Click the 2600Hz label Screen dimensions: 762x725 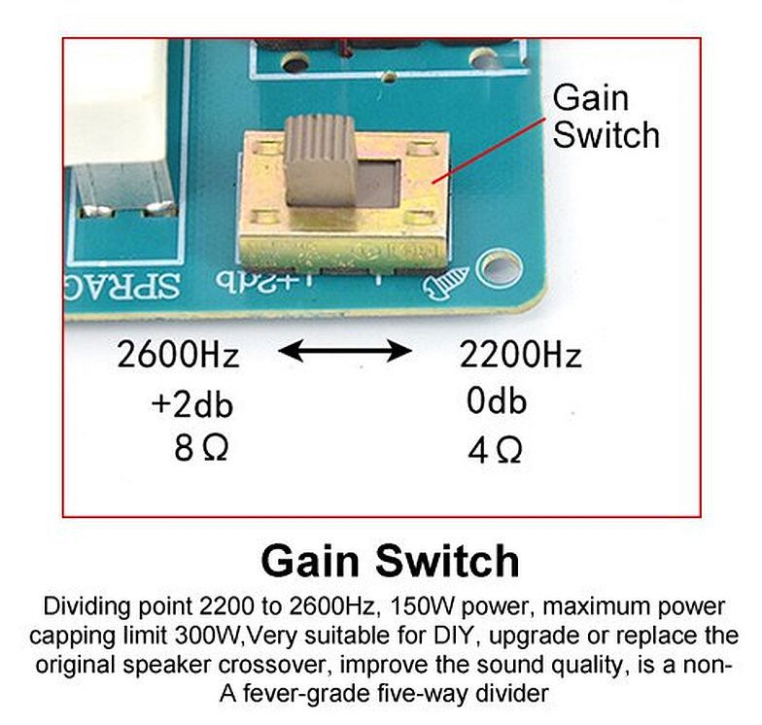coord(178,355)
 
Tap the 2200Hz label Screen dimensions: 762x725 coord(520,355)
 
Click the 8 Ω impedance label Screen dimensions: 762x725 coord(200,449)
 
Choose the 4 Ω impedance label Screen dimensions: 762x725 coord(496,450)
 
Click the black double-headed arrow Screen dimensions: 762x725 coord(344,350)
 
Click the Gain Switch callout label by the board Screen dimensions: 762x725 coord(606,116)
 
